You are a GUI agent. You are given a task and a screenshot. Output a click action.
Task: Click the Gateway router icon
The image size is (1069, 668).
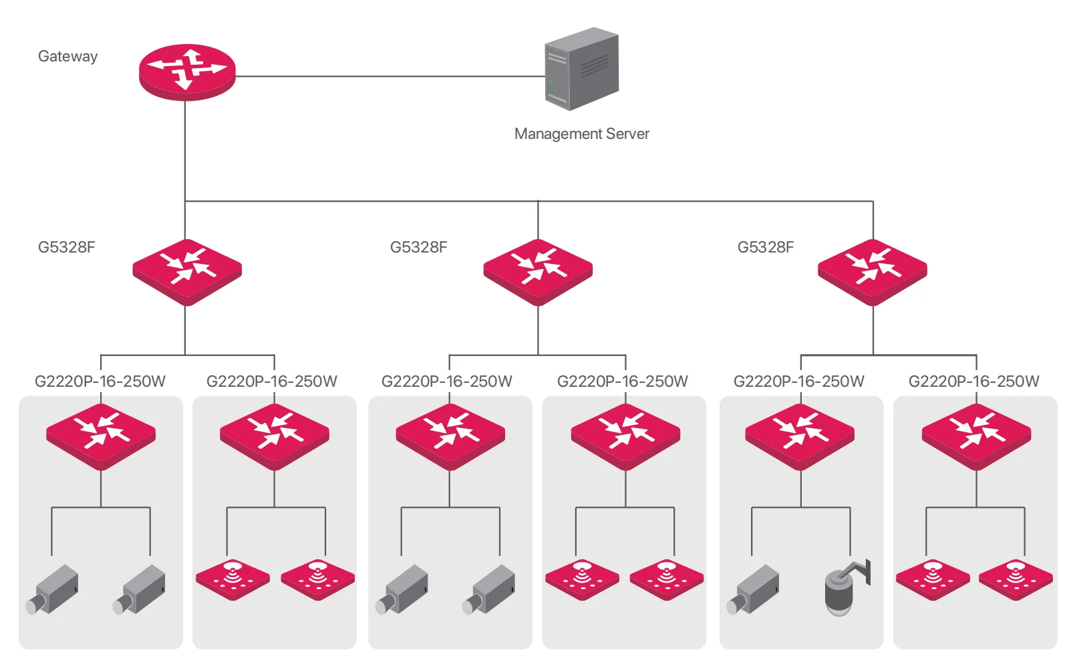click(x=187, y=72)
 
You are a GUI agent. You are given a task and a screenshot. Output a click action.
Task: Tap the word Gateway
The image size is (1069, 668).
click(x=67, y=56)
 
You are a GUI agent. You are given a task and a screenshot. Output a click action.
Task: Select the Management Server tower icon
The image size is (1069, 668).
click(x=582, y=69)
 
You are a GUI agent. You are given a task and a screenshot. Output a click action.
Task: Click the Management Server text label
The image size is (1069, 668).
click(x=582, y=134)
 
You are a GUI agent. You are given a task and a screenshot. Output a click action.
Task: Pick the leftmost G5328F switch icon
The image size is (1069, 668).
click(x=187, y=272)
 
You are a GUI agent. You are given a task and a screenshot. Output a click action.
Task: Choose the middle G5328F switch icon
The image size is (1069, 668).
click(x=538, y=272)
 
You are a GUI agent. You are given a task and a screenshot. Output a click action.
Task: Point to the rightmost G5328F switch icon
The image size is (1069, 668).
click(x=873, y=272)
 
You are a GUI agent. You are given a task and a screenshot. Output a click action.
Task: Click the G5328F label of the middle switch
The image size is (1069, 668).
click(x=418, y=247)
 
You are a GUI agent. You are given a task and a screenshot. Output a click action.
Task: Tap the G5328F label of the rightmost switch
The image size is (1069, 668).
click(x=766, y=247)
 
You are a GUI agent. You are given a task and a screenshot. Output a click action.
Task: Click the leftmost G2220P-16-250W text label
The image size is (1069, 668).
click(x=100, y=381)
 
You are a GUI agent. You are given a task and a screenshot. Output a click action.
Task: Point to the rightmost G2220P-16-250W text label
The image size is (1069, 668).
click(x=973, y=381)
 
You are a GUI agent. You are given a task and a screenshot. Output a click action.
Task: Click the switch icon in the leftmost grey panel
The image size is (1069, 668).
click(x=101, y=437)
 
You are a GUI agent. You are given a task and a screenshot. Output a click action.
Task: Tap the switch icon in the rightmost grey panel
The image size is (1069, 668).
click(x=976, y=437)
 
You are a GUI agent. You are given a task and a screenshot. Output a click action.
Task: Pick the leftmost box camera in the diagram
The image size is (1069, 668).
click(x=51, y=590)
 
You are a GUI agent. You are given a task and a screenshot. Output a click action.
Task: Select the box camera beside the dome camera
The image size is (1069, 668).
click(x=752, y=590)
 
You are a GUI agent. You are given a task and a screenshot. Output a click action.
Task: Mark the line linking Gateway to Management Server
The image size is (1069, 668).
click(x=390, y=76)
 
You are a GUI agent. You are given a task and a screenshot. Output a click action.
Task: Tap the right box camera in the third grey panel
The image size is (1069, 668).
click(x=488, y=590)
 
